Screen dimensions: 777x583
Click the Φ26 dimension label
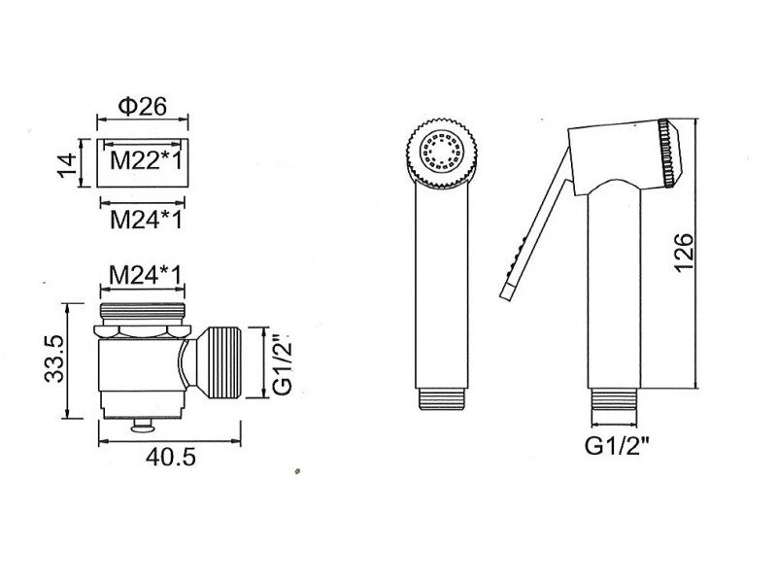tap(142, 106)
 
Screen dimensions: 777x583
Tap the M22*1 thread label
tap(147, 160)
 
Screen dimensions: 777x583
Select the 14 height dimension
tap(67, 164)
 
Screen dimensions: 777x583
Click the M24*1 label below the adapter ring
tap(147, 220)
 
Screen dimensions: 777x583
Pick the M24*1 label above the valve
tap(145, 275)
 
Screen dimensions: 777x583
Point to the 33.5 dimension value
tap(54, 358)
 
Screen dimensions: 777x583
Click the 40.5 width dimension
tap(171, 457)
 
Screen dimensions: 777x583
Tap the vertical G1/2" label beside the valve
tap(284, 364)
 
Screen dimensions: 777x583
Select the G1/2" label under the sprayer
tap(617, 446)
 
